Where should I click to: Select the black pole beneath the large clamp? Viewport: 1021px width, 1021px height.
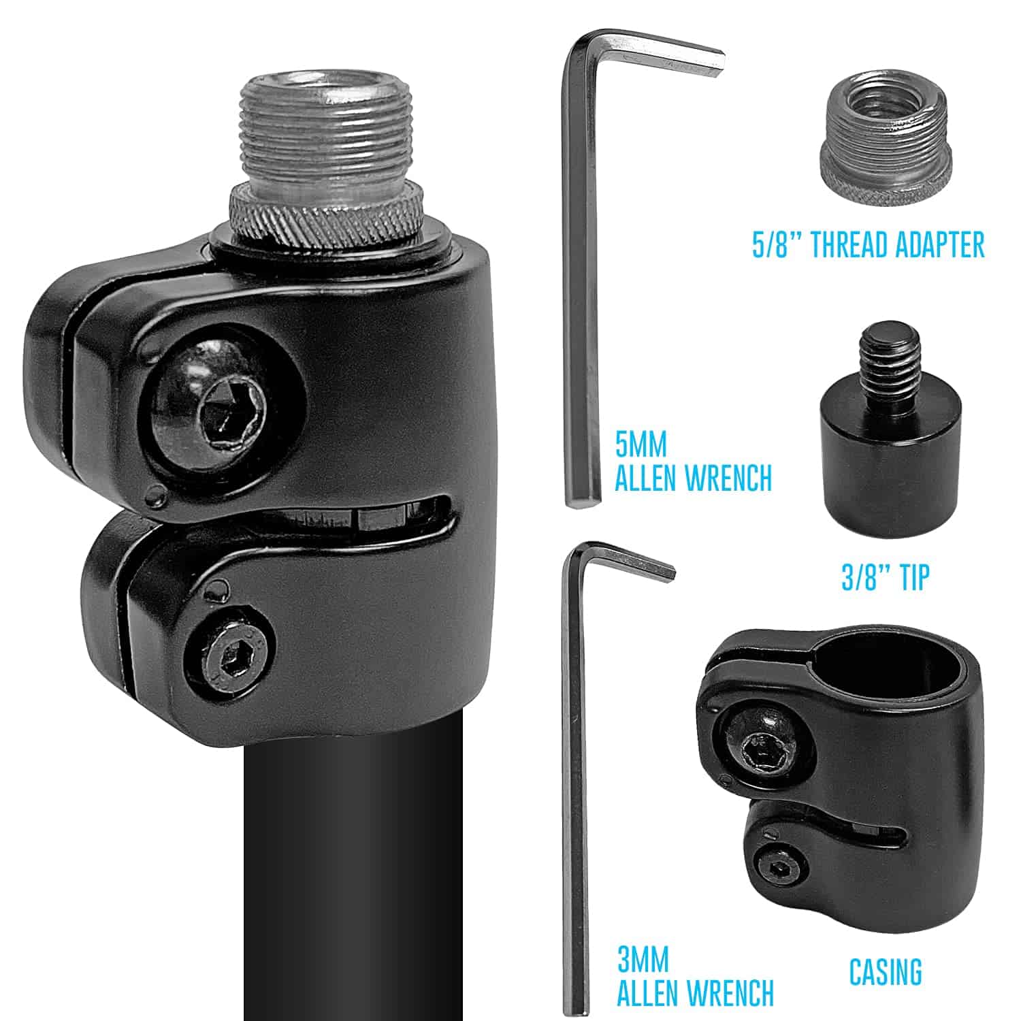[x=354, y=885]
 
